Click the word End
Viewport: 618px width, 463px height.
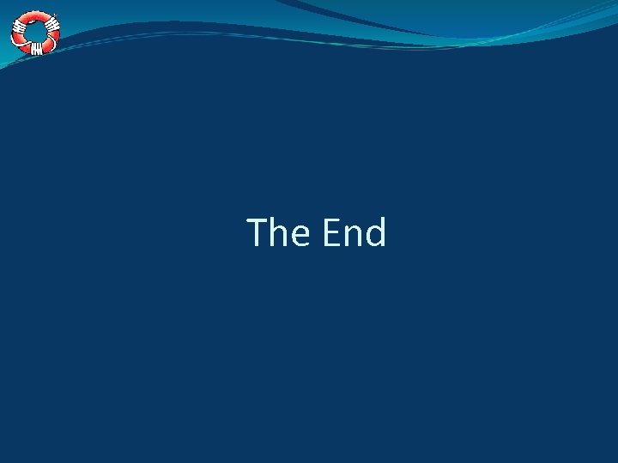click(354, 232)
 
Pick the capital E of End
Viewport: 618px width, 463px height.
click(331, 232)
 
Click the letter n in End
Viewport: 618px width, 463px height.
click(352, 237)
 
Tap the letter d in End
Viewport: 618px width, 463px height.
click(375, 233)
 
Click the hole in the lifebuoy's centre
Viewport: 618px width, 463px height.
click(35, 33)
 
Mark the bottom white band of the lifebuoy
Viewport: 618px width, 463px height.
click(36, 50)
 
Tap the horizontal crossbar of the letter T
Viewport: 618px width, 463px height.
click(257, 219)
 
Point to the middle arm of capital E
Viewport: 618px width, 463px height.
click(331, 231)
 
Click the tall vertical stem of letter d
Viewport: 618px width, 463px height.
click(384, 231)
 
